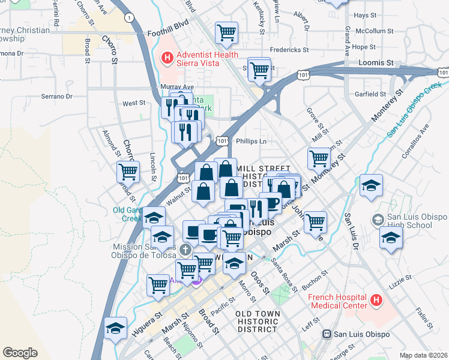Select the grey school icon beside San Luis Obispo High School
click(x=377, y=220)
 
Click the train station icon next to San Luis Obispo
click(x=327, y=334)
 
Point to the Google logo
click(x=20, y=353)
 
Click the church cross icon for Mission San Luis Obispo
click(x=186, y=248)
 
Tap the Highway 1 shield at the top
click(x=129, y=17)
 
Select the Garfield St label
click(x=370, y=94)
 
